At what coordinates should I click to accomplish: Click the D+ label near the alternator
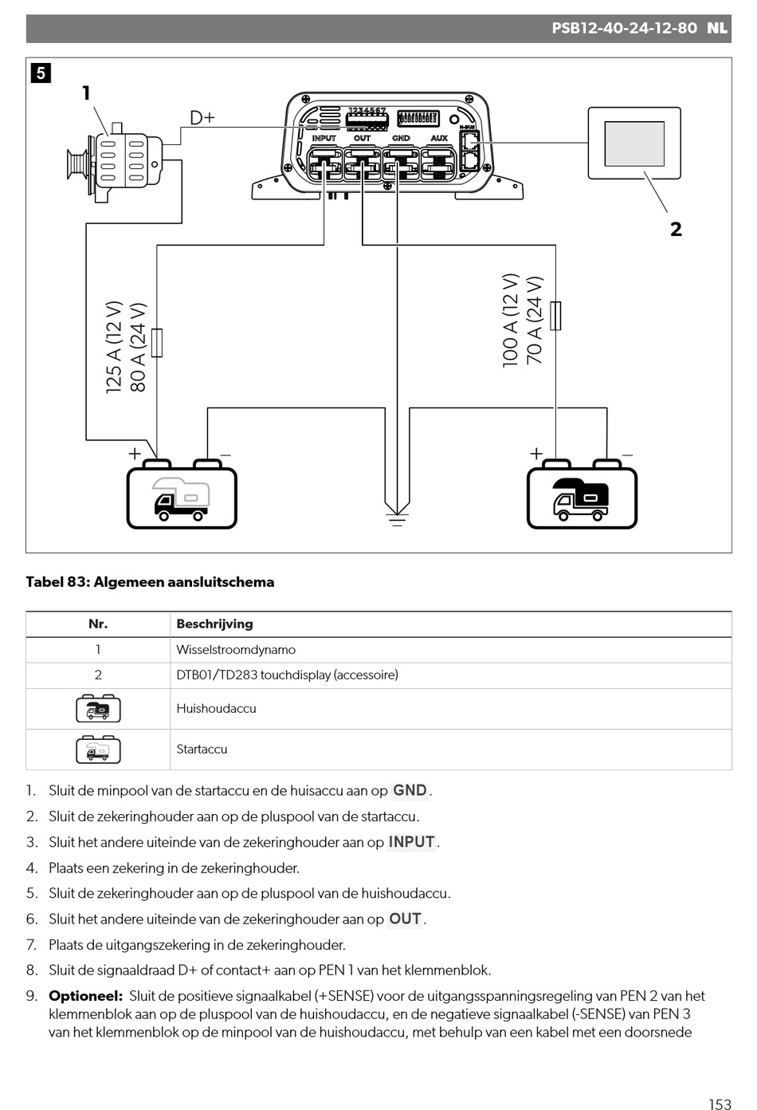tap(202, 118)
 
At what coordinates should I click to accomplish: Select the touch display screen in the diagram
tap(634, 144)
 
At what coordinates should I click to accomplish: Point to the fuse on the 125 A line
tap(157, 342)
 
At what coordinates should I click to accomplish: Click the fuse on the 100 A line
tap(555, 316)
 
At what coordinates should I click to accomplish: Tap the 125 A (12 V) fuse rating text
tap(114, 347)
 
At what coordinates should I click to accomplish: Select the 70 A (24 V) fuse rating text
tap(535, 321)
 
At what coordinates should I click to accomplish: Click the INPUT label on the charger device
tap(324, 138)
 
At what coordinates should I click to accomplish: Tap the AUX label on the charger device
tap(439, 138)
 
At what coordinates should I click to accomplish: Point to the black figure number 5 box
tap(41, 73)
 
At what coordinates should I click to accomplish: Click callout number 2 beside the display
tap(676, 229)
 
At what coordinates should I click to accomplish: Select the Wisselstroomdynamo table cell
tap(236, 650)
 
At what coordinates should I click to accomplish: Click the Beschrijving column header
tap(214, 624)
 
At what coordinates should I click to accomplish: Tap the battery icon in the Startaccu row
tap(98, 750)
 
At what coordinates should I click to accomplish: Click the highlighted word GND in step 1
tap(410, 790)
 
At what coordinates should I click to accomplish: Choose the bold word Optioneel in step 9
tap(85, 995)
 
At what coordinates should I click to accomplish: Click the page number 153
tap(720, 1104)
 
